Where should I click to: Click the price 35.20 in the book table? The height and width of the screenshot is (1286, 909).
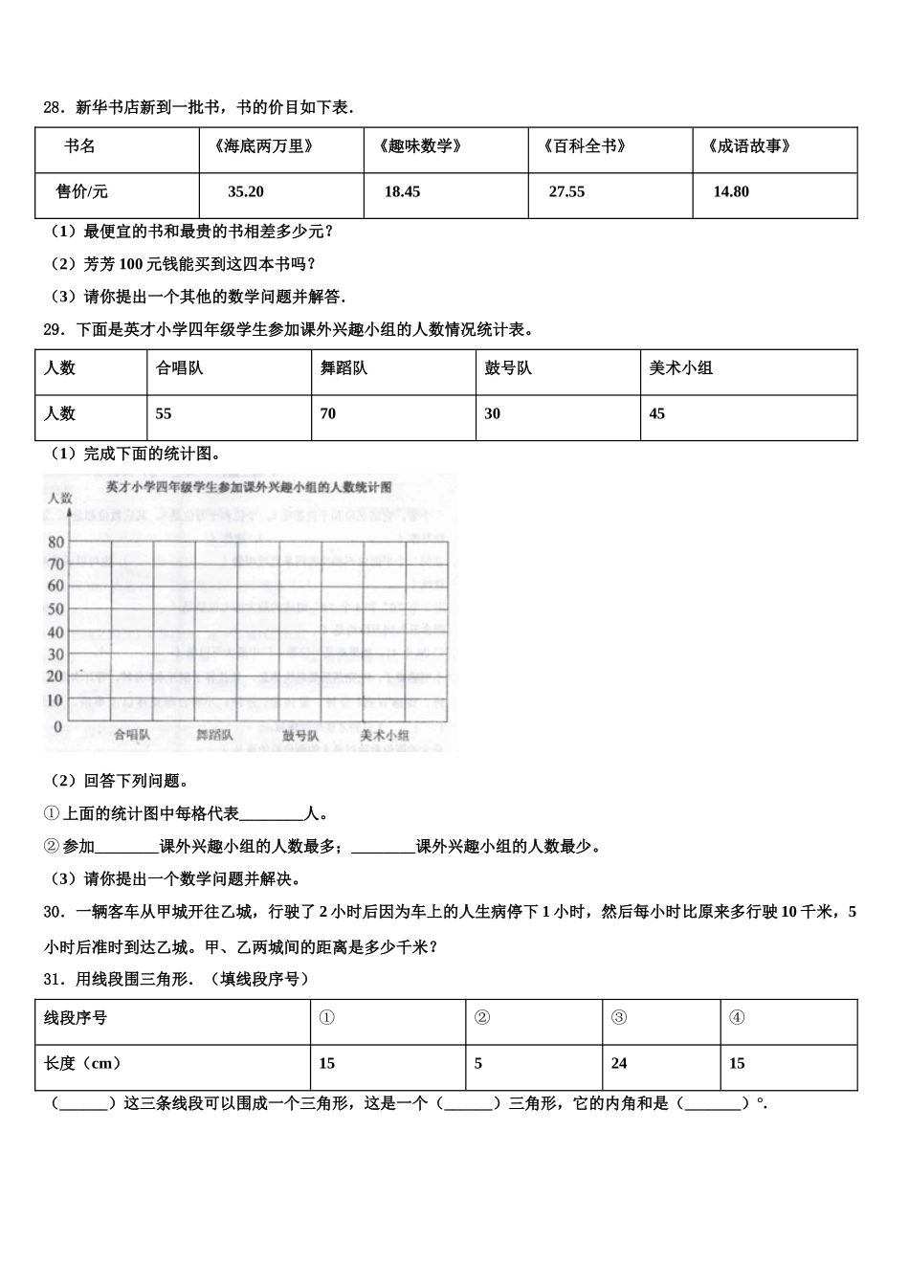point(246,192)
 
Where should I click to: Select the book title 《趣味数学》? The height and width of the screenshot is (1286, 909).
point(421,146)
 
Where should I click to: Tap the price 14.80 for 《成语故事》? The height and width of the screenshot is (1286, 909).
point(731,192)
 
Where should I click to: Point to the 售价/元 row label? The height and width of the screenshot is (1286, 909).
point(82,192)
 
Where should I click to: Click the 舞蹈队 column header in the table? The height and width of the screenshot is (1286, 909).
point(344,368)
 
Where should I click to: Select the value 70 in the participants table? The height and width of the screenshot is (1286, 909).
point(328,414)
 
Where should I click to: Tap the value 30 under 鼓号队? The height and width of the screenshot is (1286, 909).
point(492,414)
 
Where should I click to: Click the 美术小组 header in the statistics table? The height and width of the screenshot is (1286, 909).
point(680,368)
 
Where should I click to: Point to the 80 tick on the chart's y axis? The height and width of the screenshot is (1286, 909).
point(55,543)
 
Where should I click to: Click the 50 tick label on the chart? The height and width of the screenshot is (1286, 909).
point(55,610)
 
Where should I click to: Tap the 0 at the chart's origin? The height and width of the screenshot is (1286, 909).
point(58,727)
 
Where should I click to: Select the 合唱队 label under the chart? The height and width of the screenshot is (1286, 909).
point(131,736)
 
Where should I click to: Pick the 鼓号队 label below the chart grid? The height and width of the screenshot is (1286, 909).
point(300,736)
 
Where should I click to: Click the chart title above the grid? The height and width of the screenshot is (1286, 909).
point(249,487)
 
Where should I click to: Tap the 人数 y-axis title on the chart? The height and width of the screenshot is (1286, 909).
point(60,498)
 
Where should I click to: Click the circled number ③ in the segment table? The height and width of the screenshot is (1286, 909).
point(619,1018)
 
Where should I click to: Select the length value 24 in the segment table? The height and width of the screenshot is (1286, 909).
point(619,1064)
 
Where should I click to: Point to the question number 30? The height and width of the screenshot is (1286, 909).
point(54,912)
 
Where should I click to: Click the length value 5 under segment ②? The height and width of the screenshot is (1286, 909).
point(478,1064)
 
